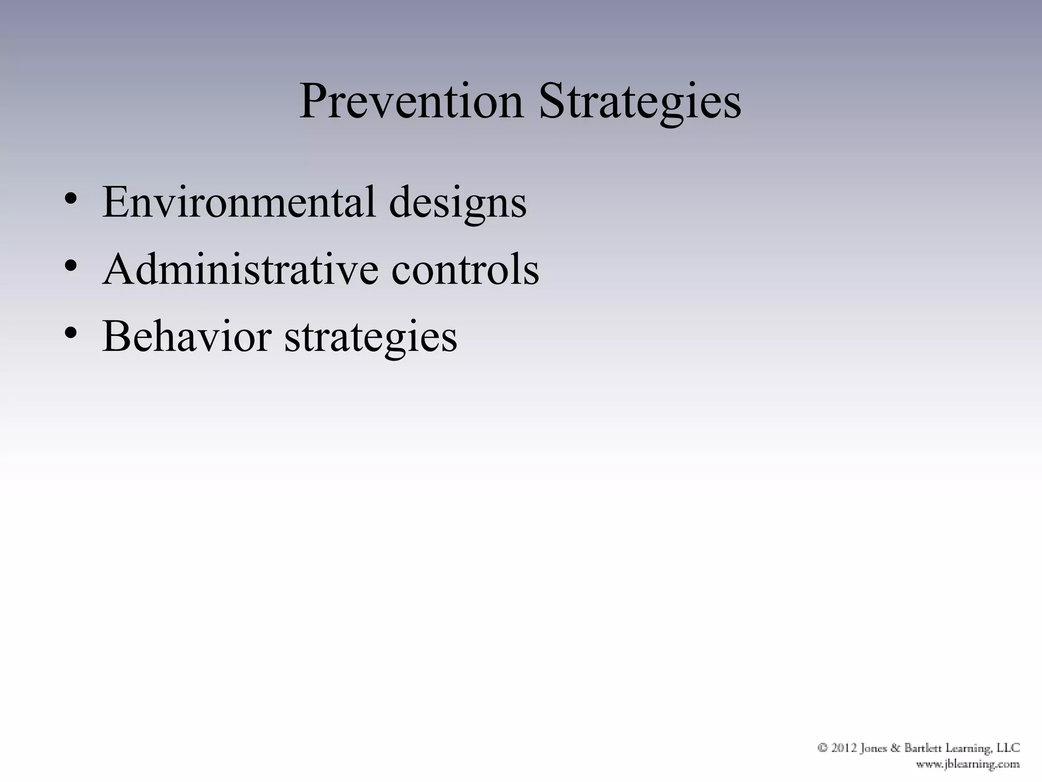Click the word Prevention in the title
pos(411,102)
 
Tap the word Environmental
pos(239,202)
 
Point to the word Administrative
pos(240,269)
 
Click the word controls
pos(465,269)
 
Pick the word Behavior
pos(186,337)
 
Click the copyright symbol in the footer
pos(823,748)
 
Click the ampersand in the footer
pos(896,748)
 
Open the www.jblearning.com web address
pos(968,764)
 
